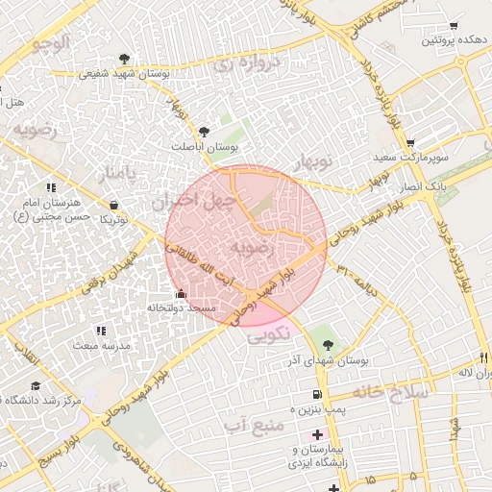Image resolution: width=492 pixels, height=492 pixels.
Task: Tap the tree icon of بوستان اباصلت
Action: click(202, 132)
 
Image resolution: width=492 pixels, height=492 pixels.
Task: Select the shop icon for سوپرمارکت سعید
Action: click(409, 141)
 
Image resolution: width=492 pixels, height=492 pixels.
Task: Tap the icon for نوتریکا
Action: click(114, 205)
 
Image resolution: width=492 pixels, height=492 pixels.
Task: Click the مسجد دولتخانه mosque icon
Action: click(181, 293)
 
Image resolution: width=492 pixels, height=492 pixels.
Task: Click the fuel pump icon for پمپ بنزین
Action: click(317, 395)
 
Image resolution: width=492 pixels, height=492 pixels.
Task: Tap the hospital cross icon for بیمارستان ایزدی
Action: click(318, 434)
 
